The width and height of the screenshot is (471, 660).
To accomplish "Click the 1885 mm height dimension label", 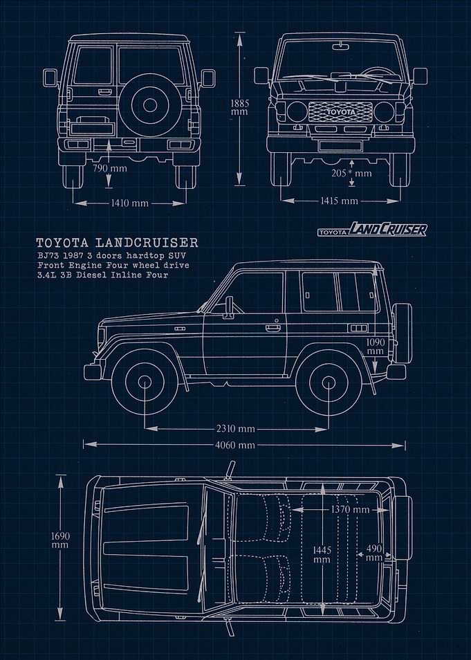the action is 240,107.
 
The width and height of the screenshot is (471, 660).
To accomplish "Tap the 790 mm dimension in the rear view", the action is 110,168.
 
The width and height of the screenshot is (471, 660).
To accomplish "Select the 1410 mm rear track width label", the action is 129,203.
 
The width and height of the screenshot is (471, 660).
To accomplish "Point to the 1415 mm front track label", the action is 340,201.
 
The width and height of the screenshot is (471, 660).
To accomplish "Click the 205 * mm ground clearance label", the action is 351,173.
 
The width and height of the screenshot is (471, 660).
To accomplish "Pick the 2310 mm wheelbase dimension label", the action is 236,429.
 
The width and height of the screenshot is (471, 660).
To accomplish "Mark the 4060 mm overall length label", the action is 235,445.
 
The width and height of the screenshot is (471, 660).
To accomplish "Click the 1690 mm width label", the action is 60,540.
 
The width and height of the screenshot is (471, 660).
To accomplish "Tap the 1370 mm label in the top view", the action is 350,510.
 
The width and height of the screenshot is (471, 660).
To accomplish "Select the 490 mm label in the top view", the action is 373,553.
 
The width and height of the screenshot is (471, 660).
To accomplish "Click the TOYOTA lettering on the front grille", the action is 341,112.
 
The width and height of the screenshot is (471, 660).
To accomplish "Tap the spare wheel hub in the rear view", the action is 150,104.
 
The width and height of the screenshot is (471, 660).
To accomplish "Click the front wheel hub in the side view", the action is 145,382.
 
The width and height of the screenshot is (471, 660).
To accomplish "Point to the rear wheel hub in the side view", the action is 329,383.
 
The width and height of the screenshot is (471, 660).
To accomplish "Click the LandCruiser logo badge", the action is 373,229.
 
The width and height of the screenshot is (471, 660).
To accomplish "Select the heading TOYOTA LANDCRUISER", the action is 117,243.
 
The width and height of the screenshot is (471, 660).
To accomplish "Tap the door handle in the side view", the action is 272,327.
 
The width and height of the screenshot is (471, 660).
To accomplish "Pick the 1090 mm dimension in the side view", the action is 375,347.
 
